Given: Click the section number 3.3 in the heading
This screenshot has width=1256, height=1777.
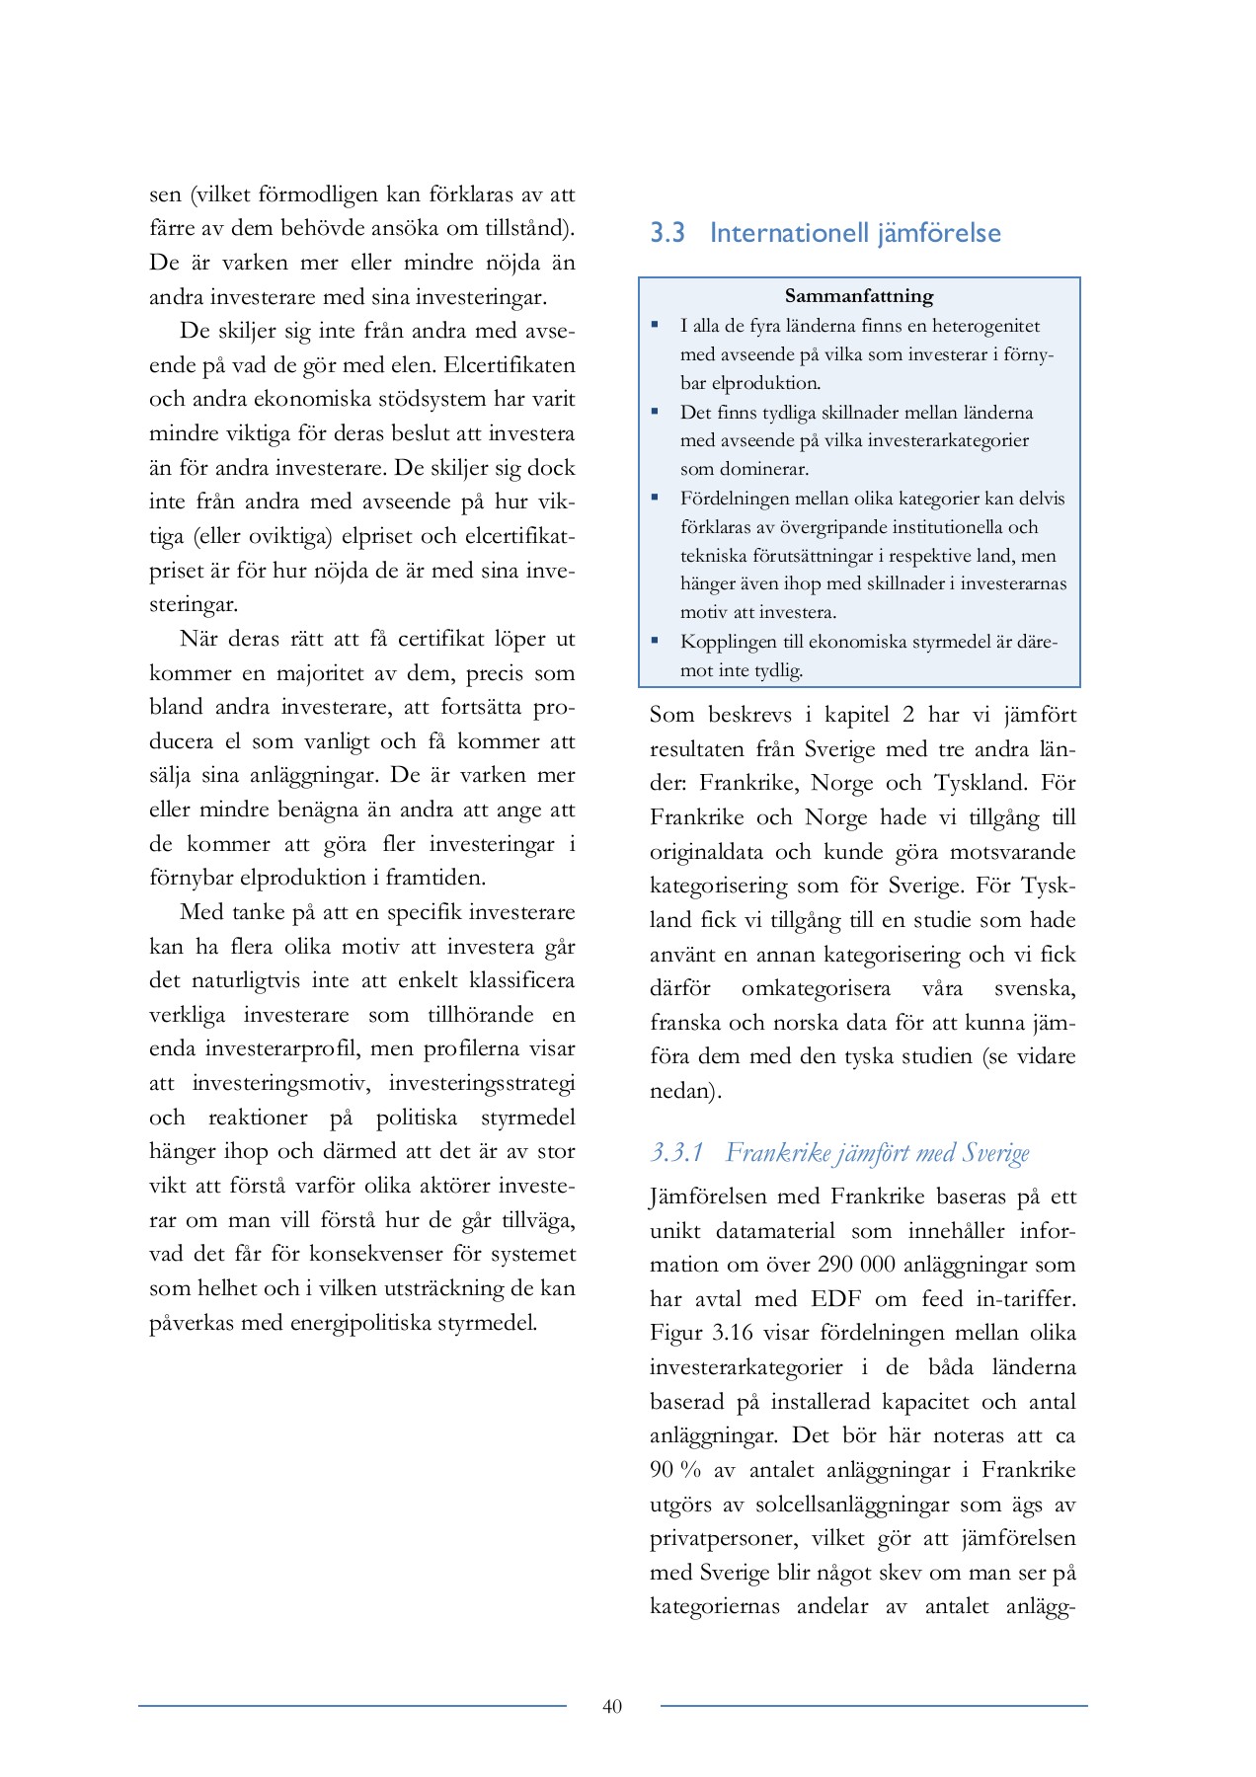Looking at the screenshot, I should tap(667, 233).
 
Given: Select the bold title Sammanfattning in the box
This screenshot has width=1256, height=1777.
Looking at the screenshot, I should tap(859, 295).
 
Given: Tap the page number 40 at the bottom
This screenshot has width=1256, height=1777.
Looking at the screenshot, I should tap(612, 1706).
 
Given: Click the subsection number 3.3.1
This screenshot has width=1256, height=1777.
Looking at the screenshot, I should tap(677, 1152).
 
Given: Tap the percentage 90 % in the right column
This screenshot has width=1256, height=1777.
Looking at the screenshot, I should tap(674, 1470).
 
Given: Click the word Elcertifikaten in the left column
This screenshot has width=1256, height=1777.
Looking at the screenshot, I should tap(510, 365).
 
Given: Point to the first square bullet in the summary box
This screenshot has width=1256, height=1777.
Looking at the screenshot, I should tap(655, 324).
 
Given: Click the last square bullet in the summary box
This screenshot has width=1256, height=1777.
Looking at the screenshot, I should tap(655, 640).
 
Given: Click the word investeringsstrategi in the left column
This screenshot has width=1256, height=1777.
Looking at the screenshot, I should tap(482, 1083).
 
